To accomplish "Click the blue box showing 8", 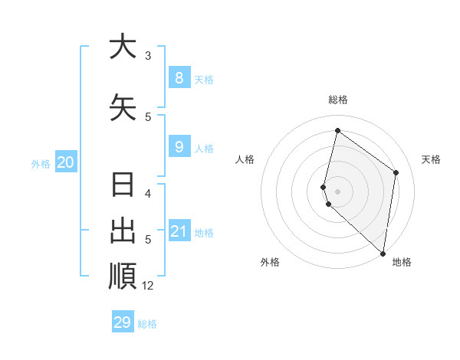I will click(179, 78).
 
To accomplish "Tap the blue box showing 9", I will click(179, 147).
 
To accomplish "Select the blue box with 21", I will click(179, 231).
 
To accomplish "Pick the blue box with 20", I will click(66, 162).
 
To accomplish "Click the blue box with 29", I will click(123, 322).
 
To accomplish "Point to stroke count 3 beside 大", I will click(148, 56).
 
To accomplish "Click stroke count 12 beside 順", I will click(148, 286).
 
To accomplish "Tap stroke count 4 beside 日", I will click(148, 194).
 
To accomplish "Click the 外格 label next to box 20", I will click(41, 163).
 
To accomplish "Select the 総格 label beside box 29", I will click(147, 324).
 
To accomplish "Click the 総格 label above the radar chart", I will click(338, 100).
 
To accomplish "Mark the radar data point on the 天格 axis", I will click(396, 172).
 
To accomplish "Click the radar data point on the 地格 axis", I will click(383, 253).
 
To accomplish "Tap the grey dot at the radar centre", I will click(338, 191).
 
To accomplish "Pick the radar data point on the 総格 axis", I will click(337, 131).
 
